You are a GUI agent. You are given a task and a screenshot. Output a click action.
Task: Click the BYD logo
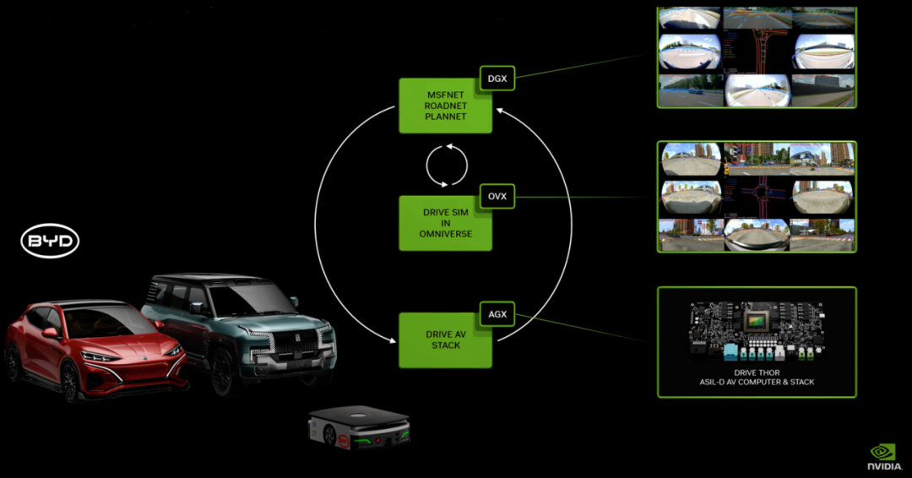[x=50, y=242]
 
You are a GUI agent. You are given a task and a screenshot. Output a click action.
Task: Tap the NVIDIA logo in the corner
[x=883, y=457]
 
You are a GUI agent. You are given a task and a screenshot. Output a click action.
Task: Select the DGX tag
[x=497, y=78]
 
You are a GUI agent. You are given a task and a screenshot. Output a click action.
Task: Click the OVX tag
[x=497, y=196]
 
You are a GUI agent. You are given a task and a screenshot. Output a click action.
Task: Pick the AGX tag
[x=497, y=314]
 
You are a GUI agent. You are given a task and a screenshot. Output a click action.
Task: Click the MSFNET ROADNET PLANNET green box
[x=445, y=106]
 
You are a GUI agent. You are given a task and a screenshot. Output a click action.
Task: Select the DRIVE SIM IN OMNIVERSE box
[x=445, y=223]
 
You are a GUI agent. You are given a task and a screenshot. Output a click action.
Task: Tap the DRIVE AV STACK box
[x=445, y=339]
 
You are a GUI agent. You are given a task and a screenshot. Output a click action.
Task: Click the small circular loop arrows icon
[x=447, y=164]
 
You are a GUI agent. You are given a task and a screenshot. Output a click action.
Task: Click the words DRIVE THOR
[x=756, y=372]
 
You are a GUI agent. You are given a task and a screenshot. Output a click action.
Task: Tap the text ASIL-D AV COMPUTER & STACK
[x=756, y=383]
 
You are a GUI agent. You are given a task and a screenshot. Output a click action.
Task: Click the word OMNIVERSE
[x=444, y=234]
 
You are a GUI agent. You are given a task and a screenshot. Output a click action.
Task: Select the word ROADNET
[x=444, y=106]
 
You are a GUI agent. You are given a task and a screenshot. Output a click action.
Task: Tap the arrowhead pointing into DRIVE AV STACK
[x=394, y=340]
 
